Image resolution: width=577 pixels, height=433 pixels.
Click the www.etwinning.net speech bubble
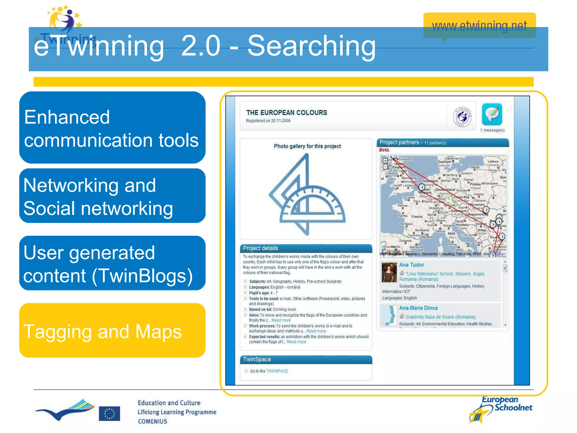[x=479, y=26]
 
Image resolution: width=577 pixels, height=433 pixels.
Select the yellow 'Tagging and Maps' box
[x=112, y=331]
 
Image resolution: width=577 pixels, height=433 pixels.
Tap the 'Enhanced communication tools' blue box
[x=112, y=128]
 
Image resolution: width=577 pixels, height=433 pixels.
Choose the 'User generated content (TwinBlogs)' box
[x=112, y=263]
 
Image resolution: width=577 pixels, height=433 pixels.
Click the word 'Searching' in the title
[x=311, y=46]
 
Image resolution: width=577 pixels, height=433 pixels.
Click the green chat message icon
[x=492, y=114]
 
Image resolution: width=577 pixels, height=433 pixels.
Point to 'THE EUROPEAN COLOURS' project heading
[x=287, y=113]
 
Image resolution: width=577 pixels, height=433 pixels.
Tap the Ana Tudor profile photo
[x=389, y=272]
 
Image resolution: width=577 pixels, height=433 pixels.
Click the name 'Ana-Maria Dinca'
[x=418, y=308]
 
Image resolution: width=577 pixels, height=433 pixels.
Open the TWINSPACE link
[x=277, y=371]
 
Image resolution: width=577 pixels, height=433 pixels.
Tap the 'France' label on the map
[x=417, y=217]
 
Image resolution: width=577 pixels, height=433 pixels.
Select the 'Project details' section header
[x=260, y=248]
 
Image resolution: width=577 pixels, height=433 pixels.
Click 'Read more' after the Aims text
[x=281, y=321]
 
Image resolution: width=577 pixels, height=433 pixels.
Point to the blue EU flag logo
[x=109, y=414]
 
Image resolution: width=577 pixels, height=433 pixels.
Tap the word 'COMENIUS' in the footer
[x=152, y=421]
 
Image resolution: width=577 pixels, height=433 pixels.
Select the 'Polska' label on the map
[x=475, y=184]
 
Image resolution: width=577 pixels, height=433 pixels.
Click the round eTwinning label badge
[x=462, y=117]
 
